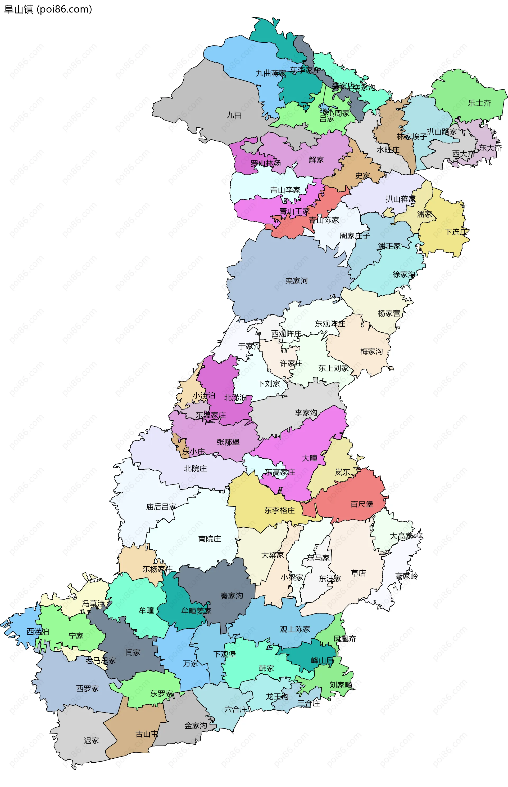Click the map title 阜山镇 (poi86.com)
click(48, 9)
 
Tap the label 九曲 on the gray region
click(234, 115)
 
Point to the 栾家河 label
click(296, 281)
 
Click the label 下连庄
click(456, 232)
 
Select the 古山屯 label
click(147, 734)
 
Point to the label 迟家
click(91, 740)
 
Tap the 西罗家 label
click(87, 688)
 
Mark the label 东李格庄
click(279, 510)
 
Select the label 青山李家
click(285, 190)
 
